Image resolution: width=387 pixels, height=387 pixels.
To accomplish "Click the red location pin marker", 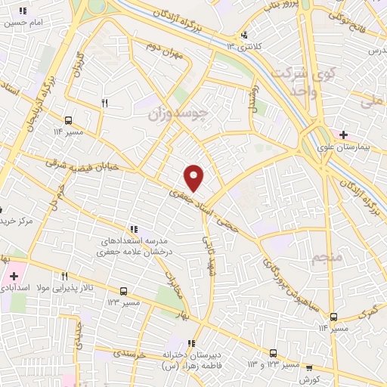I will point(195,178).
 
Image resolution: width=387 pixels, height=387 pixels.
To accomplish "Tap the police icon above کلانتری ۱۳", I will point(243,35).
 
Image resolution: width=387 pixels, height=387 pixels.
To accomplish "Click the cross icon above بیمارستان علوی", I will point(344,135).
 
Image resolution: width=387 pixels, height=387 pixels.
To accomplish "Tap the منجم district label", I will point(327,258).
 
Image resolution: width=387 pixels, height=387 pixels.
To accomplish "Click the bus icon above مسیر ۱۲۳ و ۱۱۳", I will point(274,353).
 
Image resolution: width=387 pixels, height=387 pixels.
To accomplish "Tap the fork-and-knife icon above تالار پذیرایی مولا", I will point(65,276).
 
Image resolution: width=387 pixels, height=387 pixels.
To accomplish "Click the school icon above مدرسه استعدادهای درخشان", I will point(133,228).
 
